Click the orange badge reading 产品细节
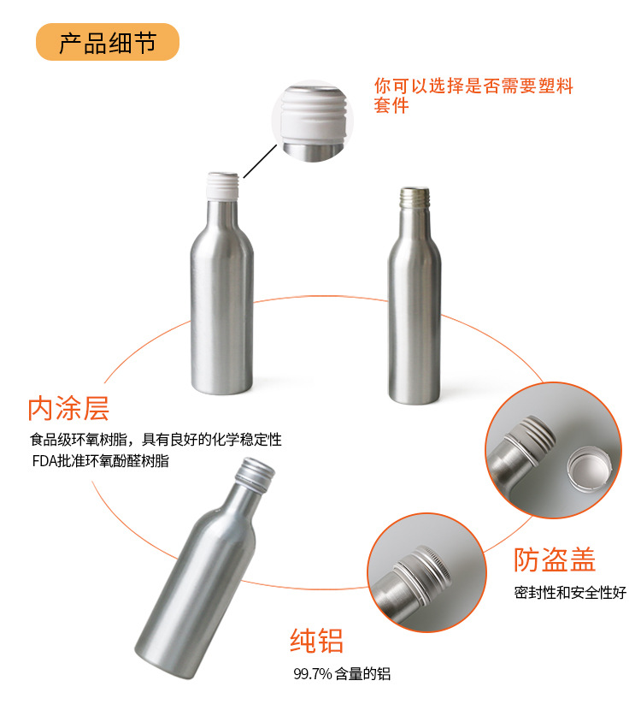click(107, 42)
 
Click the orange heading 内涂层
click(68, 408)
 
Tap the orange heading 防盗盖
click(555, 559)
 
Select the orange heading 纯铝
click(316, 641)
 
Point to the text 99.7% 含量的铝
click(342, 673)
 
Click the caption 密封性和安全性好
click(570, 592)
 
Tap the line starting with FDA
click(100, 460)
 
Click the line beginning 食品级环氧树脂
click(156, 440)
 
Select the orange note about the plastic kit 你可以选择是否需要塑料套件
click(473, 95)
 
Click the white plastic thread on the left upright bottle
click(223, 186)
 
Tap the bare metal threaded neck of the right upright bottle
click(415, 198)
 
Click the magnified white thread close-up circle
click(313, 121)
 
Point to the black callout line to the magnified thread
click(260, 161)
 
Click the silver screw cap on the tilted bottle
click(255, 472)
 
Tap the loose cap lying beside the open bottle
click(590, 469)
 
